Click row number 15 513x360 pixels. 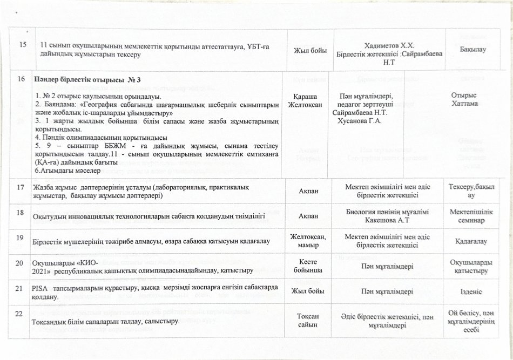(x=22, y=44)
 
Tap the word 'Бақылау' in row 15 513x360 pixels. (x=474, y=49)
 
